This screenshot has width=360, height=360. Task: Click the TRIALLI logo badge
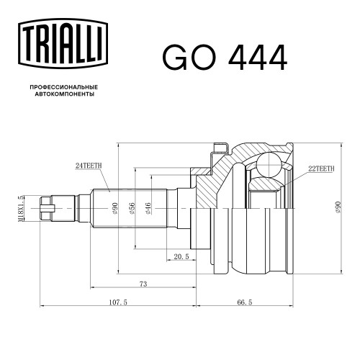click(x=63, y=43)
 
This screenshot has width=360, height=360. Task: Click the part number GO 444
click(x=225, y=58)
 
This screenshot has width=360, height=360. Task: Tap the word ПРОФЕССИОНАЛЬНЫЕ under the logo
click(x=64, y=87)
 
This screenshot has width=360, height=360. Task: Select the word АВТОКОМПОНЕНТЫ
click(x=65, y=94)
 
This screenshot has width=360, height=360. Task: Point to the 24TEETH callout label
click(x=89, y=166)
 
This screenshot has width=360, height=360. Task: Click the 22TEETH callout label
click(x=321, y=169)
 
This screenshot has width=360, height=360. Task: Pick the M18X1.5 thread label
click(x=22, y=208)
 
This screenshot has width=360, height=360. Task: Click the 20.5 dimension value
click(x=181, y=257)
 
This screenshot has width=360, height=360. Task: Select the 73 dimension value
click(x=143, y=284)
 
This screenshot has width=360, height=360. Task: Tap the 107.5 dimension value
click(x=118, y=302)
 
